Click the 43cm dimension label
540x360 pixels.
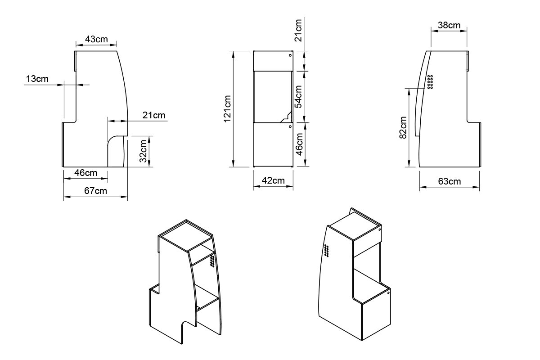click(x=96, y=39)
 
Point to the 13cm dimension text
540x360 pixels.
click(x=37, y=79)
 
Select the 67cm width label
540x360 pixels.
click(x=95, y=191)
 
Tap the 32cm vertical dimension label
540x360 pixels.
click(x=143, y=151)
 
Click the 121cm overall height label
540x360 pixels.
click(x=227, y=109)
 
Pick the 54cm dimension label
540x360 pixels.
click(x=298, y=97)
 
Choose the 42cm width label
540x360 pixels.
click(x=273, y=180)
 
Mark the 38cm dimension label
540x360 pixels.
click(x=449, y=25)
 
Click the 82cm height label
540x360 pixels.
click(x=403, y=127)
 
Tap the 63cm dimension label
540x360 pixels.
click(x=450, y=181)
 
